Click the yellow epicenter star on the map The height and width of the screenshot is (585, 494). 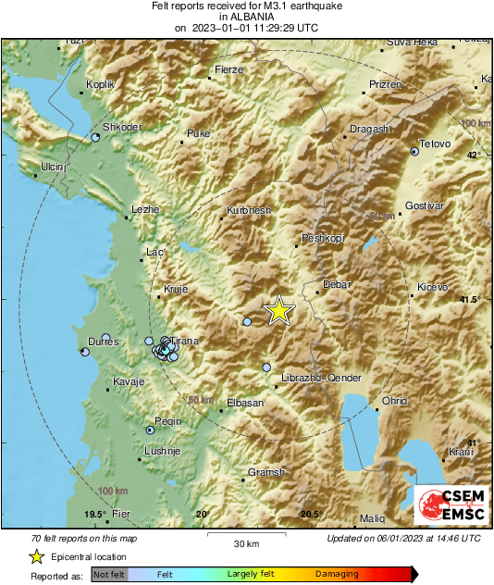(x=278, y=311)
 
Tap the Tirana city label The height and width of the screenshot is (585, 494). (x=185, y=342)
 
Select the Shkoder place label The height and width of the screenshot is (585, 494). (x=121, y=128)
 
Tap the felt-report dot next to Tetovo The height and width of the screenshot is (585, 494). (x=414, y=152)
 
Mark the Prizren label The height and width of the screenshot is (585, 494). (x=386, y=84)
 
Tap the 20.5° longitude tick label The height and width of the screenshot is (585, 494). (x=310, y=515)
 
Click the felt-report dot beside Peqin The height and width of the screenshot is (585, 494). (x=150, y=429)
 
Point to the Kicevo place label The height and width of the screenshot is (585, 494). (x=433, y=288)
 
